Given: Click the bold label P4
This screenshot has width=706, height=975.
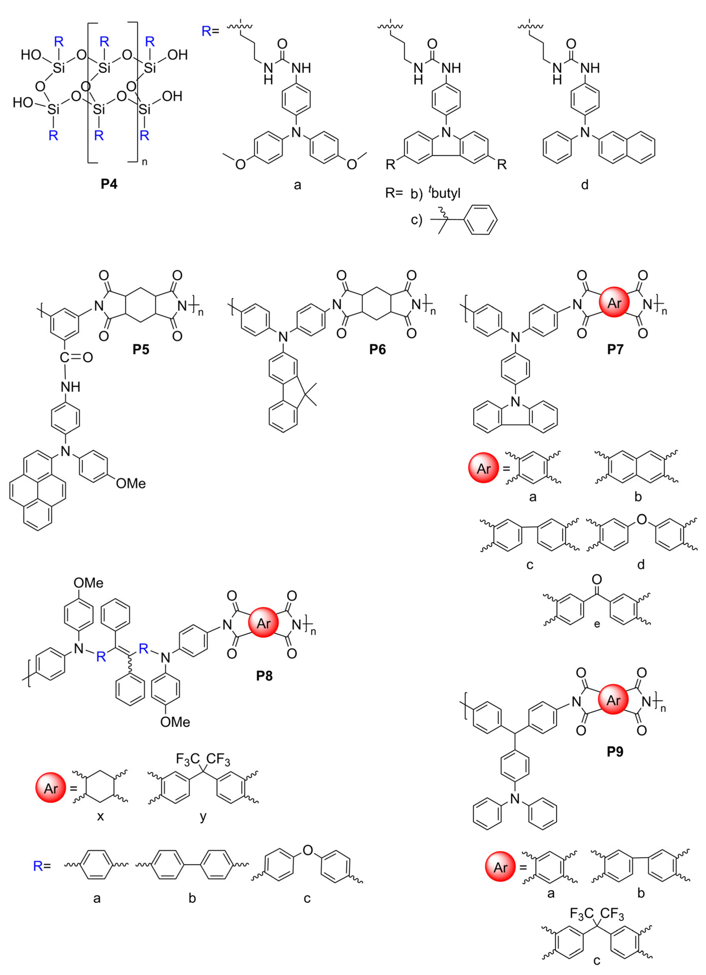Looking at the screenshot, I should (x=109, y=184).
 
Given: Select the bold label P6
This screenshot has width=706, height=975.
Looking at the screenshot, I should (x=377, y=349).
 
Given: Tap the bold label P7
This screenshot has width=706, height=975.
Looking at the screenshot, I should (x=615, y=349).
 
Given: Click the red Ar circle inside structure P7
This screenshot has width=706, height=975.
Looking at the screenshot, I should (x=614, y=303).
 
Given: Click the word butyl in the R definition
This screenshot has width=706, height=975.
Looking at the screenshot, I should (x=446, y=194).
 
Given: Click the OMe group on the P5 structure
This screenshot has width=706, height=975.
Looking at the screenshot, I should (x=131, y=484).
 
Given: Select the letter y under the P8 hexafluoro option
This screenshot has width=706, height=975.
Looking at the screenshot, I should (x=203, y=816).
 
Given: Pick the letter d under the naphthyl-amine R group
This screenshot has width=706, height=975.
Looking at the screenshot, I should (x=584, y=185).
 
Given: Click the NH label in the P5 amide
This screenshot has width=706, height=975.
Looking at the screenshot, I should (x=70, y=387).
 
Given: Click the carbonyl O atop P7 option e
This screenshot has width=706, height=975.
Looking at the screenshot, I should (x=597, y=580).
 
